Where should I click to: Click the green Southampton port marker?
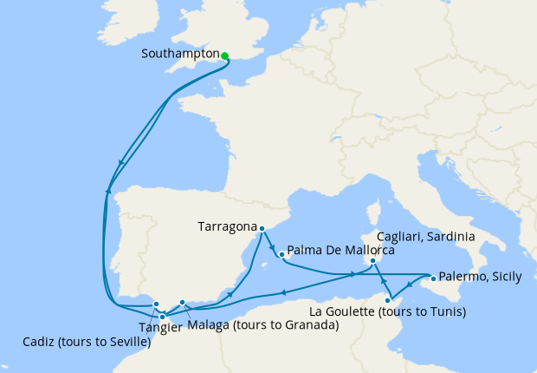point(224,56)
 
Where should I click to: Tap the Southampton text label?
point(180,54)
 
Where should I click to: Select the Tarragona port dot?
point(262,228)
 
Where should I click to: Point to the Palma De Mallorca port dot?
point(281,254)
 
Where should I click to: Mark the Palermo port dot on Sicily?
point(432,278)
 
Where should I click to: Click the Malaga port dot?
point(183,302)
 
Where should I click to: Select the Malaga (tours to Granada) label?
point(262,325)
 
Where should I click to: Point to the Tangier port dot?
point(163,317)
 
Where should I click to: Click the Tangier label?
point(159,328)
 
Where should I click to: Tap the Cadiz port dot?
point(156,304)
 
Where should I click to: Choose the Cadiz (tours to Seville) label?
point(86,342)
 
